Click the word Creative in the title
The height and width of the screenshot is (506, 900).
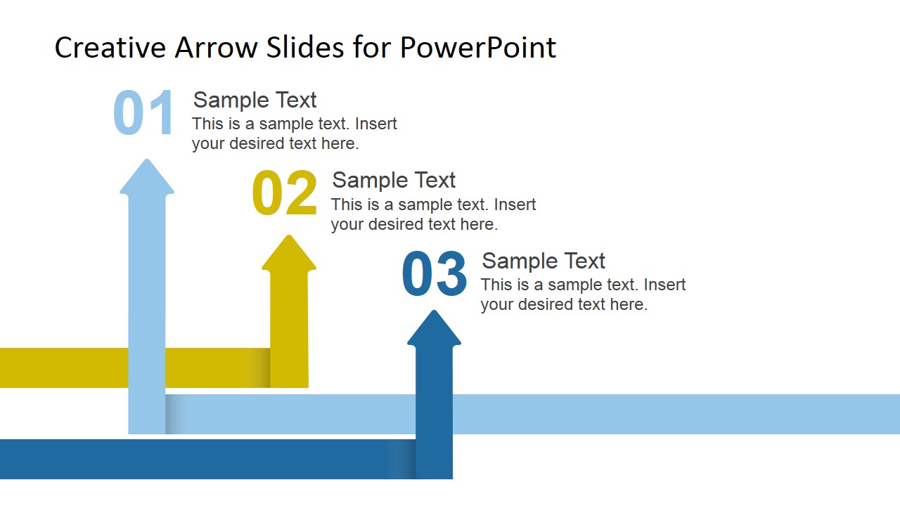[x=110, y=48]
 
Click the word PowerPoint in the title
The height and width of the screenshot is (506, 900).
[x=478, y=48]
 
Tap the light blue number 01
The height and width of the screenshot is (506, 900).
[x=143, y=112]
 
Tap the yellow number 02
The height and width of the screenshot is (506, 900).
[x=285, y=193]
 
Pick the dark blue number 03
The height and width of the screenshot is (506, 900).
[x=434, y=274]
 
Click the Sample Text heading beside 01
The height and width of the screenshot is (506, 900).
[x=255, y=100]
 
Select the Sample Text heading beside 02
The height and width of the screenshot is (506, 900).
[x=394, y=180]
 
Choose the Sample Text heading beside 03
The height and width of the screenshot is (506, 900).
[x=543, y=261]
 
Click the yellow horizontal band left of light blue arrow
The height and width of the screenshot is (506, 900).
[x=63, y=368]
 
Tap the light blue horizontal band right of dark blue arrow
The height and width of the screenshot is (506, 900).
[x=675, y=414]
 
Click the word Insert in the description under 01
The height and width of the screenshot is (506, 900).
[x=376, y=124]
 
